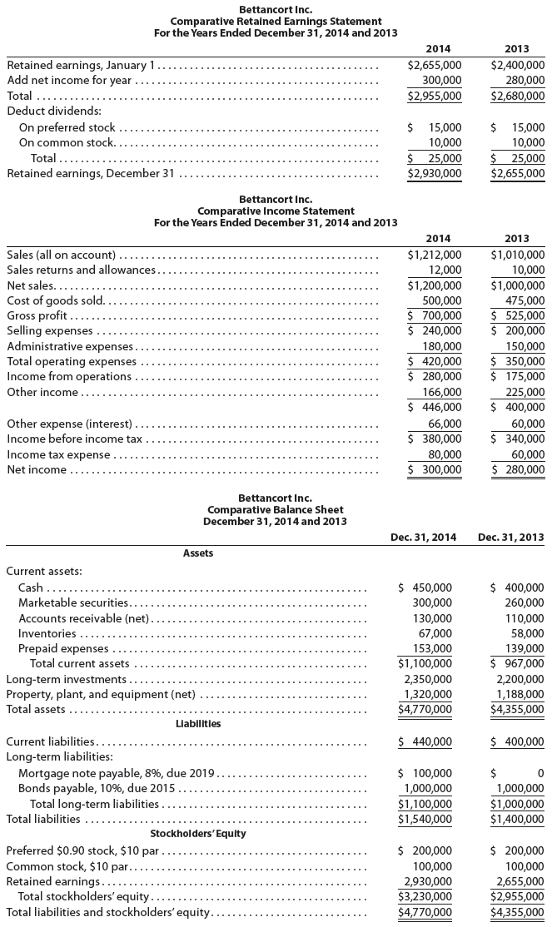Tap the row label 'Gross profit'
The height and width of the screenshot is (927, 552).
(x=37, y=315)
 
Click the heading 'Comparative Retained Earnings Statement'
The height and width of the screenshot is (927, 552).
(x=276, y=21)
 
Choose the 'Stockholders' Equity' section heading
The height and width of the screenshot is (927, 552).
(x=197, y=833)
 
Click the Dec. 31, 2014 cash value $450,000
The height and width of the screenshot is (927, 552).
(x=429, y=588)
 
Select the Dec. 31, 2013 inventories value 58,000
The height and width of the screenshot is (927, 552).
(x=525, y=633)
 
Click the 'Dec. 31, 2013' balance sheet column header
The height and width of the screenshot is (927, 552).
(x=511, y=537)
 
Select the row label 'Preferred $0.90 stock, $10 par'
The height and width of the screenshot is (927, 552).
(x=83, y=850)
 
